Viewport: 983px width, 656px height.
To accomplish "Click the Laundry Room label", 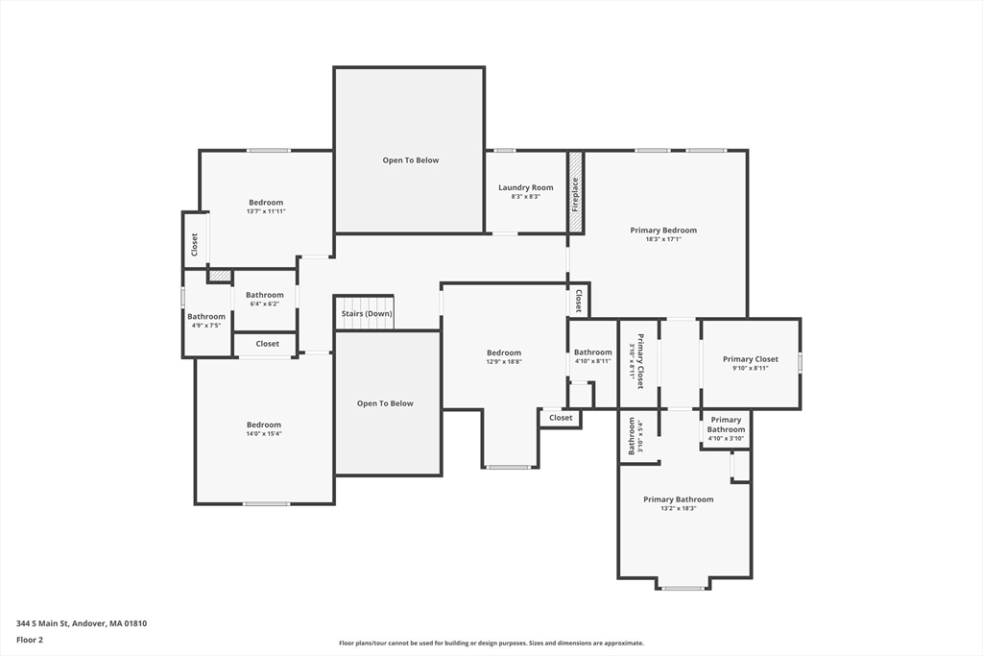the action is (525, 187).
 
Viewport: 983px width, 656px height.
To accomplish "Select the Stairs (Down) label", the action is (367, 313).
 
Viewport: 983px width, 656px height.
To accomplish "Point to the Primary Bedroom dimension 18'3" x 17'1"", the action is (663, 239).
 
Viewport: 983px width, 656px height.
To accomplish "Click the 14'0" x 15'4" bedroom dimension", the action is (264, 433).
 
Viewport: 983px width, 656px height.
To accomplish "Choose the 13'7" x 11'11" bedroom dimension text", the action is (266, 211).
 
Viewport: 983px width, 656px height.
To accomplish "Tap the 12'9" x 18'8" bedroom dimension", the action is (504, 361).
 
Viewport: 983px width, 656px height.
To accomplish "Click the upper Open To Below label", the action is (411, 160).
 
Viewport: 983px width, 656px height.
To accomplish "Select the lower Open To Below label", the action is (385, 403).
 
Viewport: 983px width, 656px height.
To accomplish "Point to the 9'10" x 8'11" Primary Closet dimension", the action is (751, 368).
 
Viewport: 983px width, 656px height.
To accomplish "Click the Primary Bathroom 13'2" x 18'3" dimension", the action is (679, 509).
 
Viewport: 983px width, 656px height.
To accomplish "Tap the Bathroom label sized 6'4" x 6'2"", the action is (265, 295).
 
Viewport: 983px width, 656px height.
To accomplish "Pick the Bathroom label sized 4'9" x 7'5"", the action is (206, 317).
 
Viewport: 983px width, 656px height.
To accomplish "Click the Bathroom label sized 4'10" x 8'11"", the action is (592, 352).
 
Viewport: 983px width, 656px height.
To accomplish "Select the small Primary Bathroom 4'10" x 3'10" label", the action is (726, 425).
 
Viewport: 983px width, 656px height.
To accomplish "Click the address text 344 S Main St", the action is (42, 623).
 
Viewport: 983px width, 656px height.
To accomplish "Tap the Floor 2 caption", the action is (30, 640).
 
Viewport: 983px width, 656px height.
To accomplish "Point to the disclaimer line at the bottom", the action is (491, 643).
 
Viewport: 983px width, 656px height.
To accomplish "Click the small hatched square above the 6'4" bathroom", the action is (220, 276).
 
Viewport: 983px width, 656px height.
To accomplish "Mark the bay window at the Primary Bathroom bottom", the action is (683, 588).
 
